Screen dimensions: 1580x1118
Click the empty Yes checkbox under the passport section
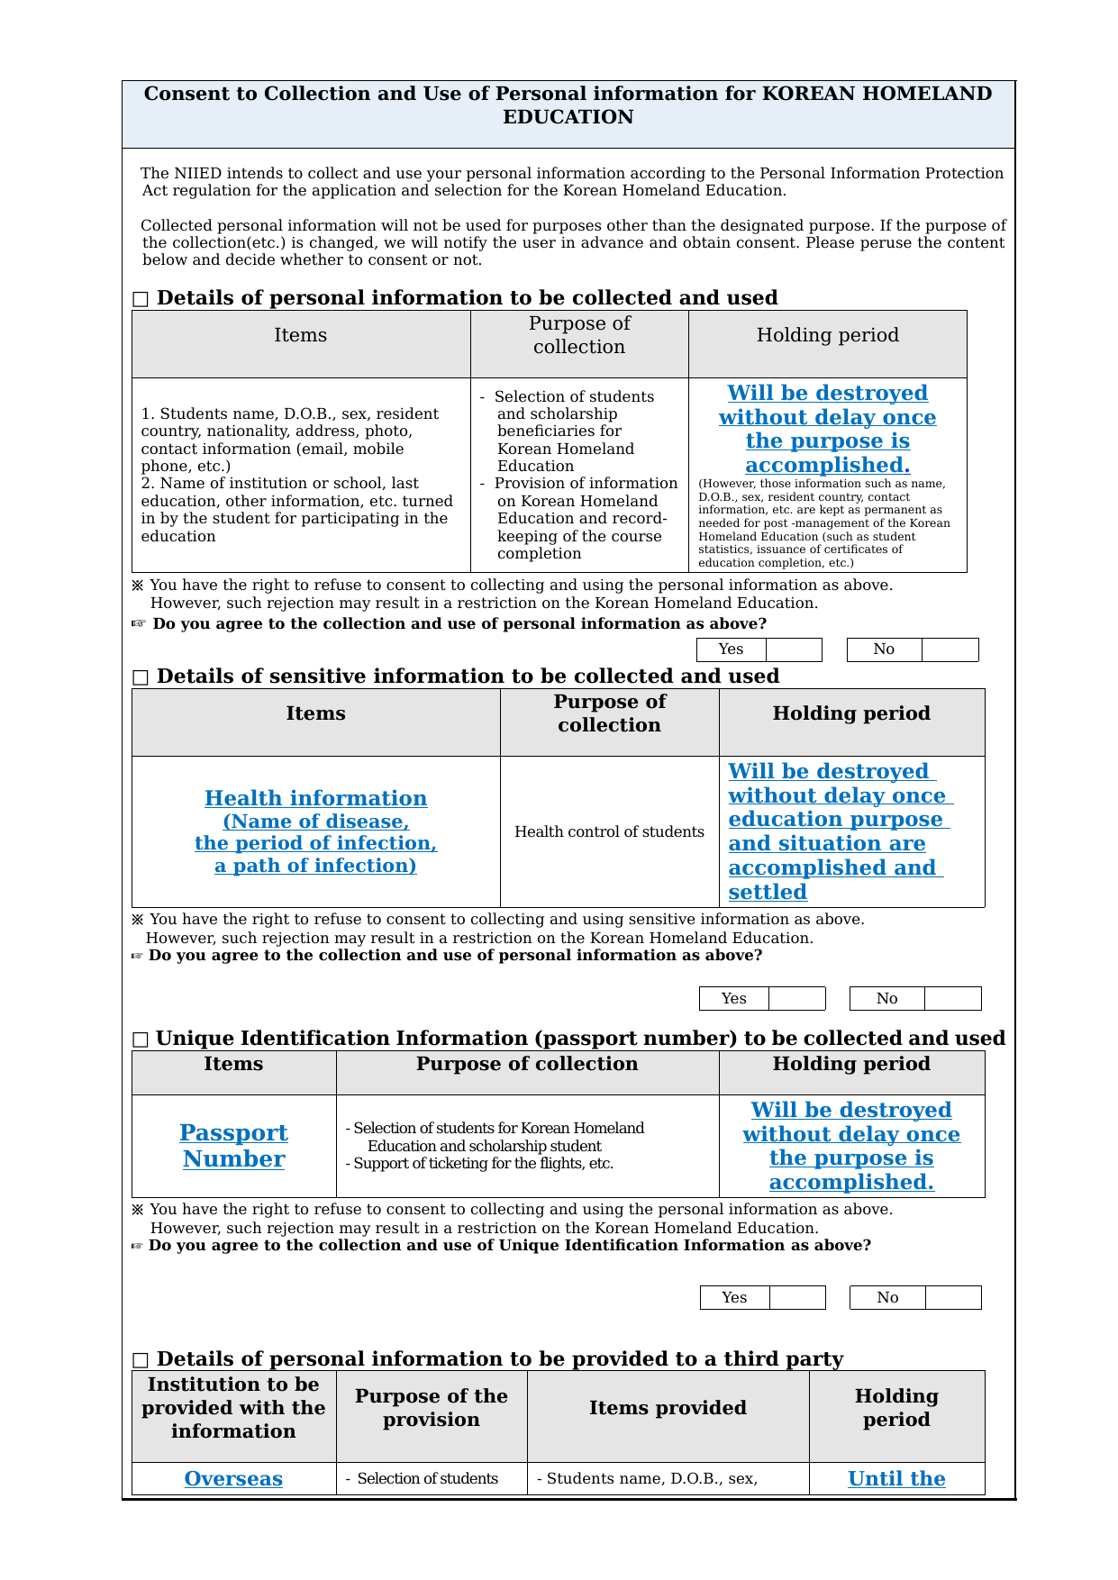coord(797,1297)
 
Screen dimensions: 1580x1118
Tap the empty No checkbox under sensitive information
coord(952,998)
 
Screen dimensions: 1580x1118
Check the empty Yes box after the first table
coord(794,649)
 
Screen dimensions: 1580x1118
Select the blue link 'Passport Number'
coord(233,1146)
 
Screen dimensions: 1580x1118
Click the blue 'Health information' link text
coord(315,798)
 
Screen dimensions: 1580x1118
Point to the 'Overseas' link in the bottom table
coord(233,1478)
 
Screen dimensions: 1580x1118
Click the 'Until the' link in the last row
coord(896,1478)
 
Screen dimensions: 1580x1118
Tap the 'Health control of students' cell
coord(609,831)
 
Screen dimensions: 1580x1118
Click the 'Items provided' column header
coord(668,1408)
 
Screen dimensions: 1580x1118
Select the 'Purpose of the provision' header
coord(431,1408)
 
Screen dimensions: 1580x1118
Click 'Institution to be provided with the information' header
coord(233,1408)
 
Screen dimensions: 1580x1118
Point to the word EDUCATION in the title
coord(568,117)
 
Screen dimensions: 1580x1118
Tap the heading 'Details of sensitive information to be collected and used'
coord(468,676)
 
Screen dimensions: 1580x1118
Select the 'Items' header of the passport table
coord(233,1064)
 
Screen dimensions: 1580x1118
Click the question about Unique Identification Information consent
coord(509,1245)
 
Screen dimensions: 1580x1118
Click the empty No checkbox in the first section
coord(950,649)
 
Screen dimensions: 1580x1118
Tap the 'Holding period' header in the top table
coord(827,335)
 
